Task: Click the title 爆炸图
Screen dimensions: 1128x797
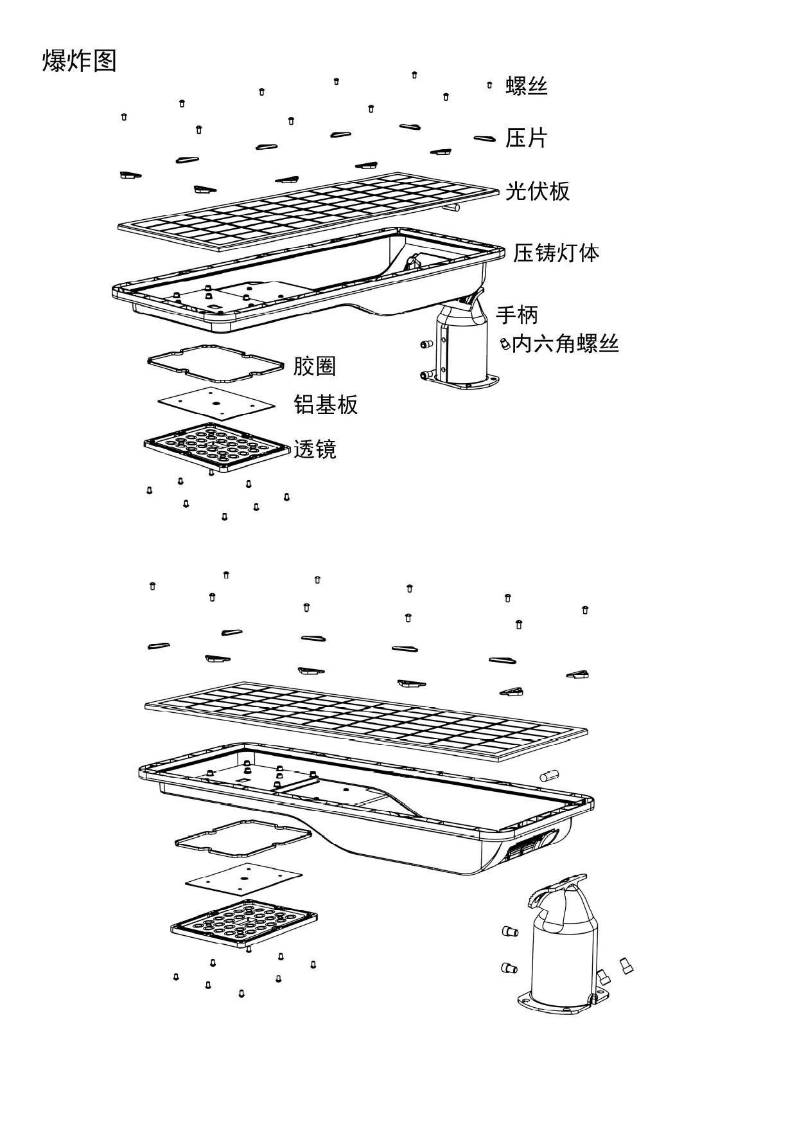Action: [79, 61]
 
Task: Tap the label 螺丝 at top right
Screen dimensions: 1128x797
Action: [527, 85]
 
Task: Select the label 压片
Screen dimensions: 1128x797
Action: [526, 138]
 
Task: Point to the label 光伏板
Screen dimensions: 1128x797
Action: [537, 191]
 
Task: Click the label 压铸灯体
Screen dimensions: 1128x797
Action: [556, 253]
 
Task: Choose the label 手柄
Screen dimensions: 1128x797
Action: [516, 315]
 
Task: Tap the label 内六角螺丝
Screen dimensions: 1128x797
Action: [565, 344]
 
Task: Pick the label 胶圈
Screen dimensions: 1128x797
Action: [315, 366]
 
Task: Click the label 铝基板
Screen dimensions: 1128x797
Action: [326, 404]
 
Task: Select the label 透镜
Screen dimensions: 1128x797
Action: [315, 449]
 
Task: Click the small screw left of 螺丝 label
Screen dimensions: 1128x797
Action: [489, 85]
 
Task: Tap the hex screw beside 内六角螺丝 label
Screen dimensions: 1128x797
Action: [505, 344]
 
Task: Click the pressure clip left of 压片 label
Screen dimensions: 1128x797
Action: [485, 138]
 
